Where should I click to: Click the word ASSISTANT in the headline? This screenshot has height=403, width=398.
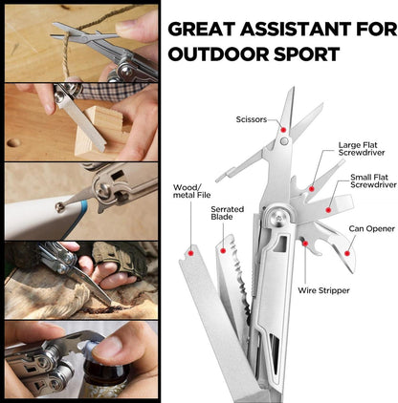point(296,30)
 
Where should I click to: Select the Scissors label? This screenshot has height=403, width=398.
point(252,119)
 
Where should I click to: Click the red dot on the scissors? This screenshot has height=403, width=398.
point(283,130)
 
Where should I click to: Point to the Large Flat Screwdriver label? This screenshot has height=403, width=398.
point(362,149)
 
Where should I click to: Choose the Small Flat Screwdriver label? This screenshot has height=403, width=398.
point(373,180)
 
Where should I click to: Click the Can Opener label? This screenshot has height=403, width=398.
point(371,228)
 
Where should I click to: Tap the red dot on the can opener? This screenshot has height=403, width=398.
point(347,253)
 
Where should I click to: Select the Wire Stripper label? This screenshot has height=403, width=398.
point(323,290)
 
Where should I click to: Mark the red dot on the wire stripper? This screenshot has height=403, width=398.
point(305,244)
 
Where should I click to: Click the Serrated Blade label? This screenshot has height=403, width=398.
point(228,213)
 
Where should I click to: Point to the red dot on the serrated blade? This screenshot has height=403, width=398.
point(223,251)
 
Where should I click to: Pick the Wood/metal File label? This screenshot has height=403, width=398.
point(191,191)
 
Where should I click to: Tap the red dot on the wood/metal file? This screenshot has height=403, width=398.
point(191,253)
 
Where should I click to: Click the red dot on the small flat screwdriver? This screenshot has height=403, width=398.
point(328,210)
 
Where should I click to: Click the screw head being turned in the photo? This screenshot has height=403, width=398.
point(59,207)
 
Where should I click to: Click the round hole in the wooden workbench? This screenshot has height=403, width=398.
point(13,142)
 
